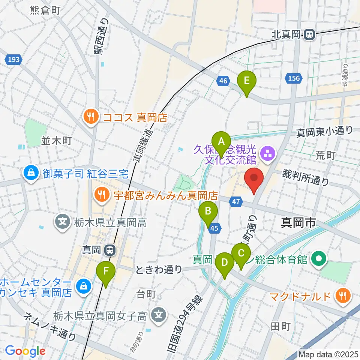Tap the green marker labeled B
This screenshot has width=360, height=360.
point(208,213)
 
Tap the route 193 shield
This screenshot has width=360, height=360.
point(14,59)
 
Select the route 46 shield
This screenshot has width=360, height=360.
point(223,80)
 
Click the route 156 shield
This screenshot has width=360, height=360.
point(294,78)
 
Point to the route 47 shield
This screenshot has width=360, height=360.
point(235,202)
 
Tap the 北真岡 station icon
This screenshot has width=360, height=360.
point(310,35)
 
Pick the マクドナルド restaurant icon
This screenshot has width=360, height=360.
point(342,296)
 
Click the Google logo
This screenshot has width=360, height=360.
point(25,351)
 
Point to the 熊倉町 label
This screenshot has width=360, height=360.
point(45,10)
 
